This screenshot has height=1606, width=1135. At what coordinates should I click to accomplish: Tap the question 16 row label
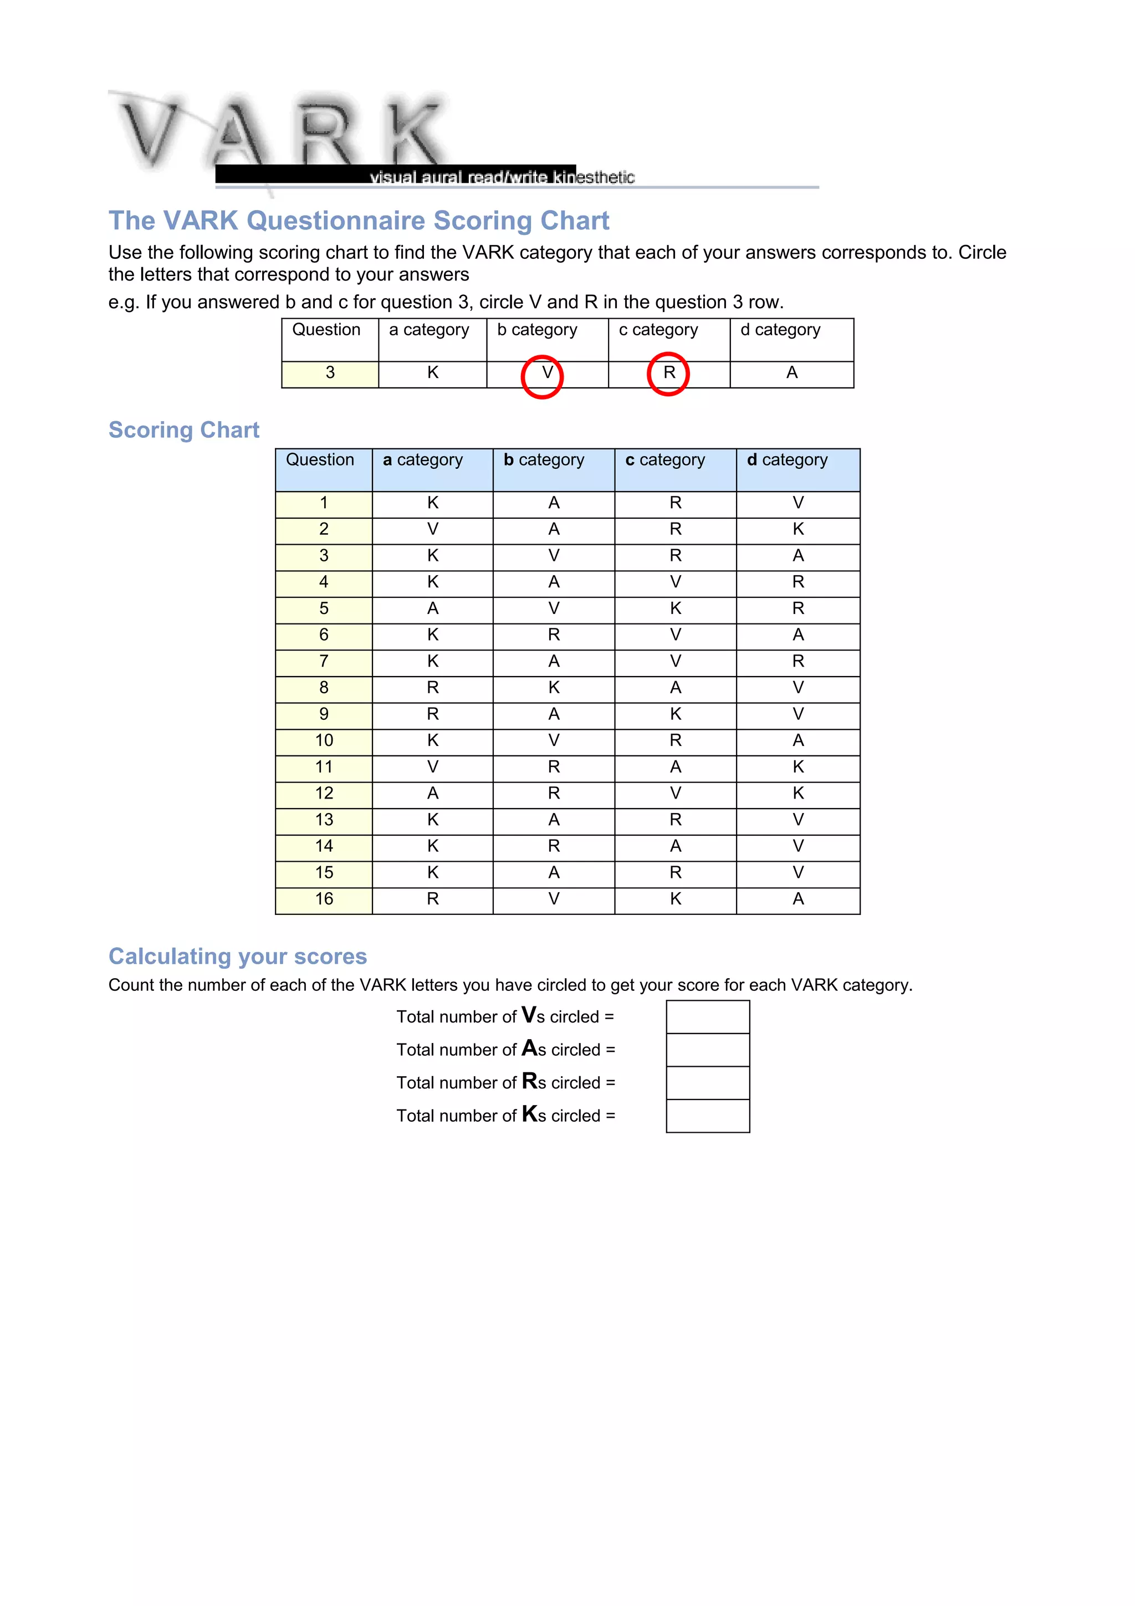pyautogui.click(x=324, y=899)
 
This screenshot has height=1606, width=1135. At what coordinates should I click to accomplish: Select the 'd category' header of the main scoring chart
pyautogui.click(x=788, y=461)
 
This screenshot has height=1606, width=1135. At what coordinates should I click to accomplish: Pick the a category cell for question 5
pyautogui.click(x=433, y=609)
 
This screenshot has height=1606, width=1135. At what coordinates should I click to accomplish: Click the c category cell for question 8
pyautogui.click(x=676, y=688)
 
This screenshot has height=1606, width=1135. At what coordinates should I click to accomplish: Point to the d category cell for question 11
pyautogui.click(x=798, y=768)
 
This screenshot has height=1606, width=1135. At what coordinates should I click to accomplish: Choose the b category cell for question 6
pyautogui.click(x=554, y=635)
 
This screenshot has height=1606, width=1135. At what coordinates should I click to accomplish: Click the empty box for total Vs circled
pyautogui.click(x=708, y=1017)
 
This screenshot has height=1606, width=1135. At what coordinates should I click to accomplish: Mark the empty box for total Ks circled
pyautogui.click(x=708, y=1116)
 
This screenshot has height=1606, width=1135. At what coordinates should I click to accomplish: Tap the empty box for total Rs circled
pyautogui.click(x=708, y=1083)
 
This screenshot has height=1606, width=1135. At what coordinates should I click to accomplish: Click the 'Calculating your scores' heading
pyautogui.click(x=238, y=956)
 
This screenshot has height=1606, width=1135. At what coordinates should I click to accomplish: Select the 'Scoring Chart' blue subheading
pyautogui.click(x=184, y=429)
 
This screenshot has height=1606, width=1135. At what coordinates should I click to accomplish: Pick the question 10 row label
pyautogui.click(x=324, y=741)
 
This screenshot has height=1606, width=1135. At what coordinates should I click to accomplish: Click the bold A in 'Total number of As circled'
pyautogui.click(x=529, y=1048)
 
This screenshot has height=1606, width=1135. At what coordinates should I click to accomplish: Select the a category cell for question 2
pyautogui.click(x=433, y=529)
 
